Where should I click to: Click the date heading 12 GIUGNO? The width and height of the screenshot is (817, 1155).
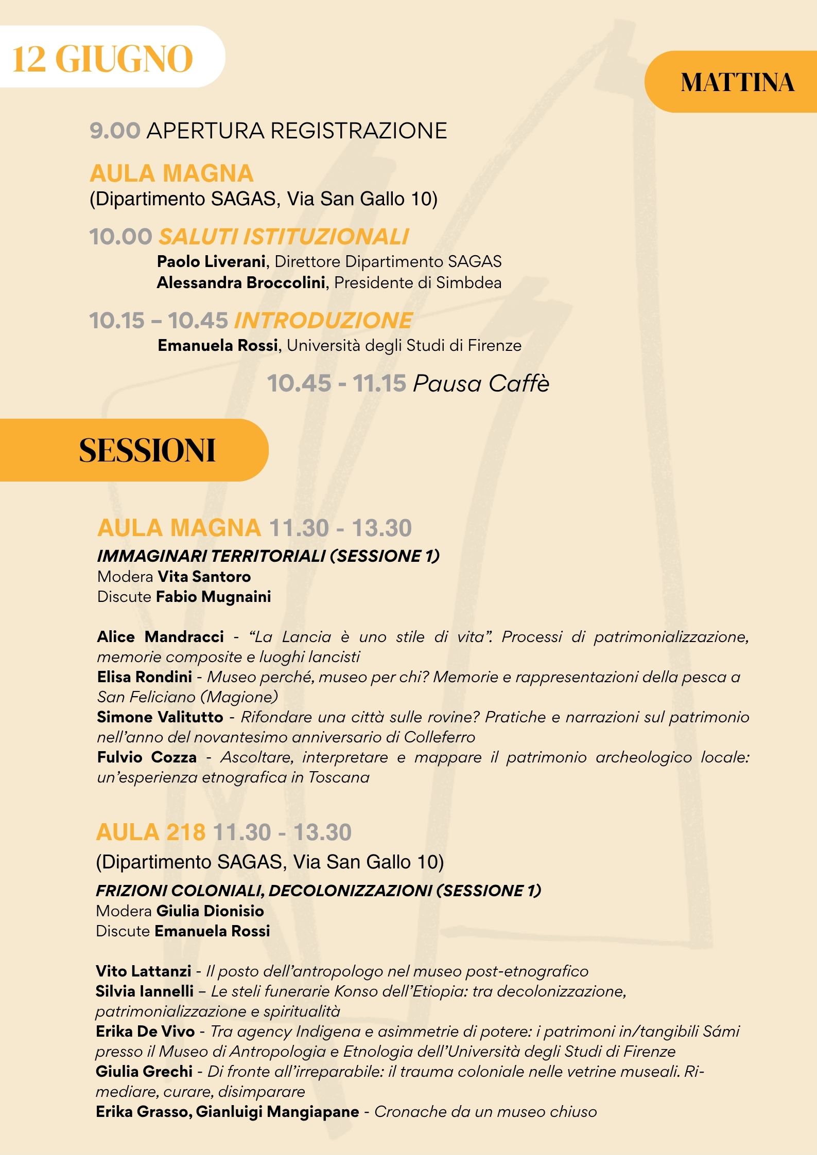(x=102, y=59)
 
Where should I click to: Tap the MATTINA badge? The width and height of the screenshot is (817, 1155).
(x=737, y=82)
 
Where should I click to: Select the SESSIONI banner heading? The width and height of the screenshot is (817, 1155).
(x=147, y=451)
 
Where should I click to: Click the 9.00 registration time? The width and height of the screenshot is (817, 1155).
(x=115, y=131)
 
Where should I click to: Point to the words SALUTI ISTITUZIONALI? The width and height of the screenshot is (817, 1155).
(x=284, y=237)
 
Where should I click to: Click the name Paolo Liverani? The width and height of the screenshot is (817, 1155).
(x=211, y=261)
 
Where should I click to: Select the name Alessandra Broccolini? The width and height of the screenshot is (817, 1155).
(x=241, y=282)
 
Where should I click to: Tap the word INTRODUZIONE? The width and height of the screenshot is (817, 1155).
(x=323, y=320)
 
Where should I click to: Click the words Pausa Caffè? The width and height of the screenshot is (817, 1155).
(x=481, y=383)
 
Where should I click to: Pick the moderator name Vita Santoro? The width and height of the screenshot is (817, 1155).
(x=204, y=576)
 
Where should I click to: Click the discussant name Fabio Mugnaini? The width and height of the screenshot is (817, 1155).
(x=213, y=596)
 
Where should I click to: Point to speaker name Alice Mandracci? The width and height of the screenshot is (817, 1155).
(x=160, y=636)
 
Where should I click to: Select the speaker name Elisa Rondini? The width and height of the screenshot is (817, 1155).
(x=144, y=677)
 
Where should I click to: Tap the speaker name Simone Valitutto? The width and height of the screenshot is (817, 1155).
(x=160, y=717)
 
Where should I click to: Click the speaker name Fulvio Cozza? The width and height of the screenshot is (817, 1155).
(x=147, y=757)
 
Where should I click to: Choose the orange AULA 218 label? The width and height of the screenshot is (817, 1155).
(x=150, y=832)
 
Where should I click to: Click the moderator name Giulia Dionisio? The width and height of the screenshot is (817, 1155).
(x=210, y=911)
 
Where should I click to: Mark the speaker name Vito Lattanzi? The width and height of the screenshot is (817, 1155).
(x=143, y=971)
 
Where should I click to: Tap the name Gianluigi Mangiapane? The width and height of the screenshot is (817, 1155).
(x=277, y=1111)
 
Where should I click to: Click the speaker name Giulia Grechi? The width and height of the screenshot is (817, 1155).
(x=144, y=1071)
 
